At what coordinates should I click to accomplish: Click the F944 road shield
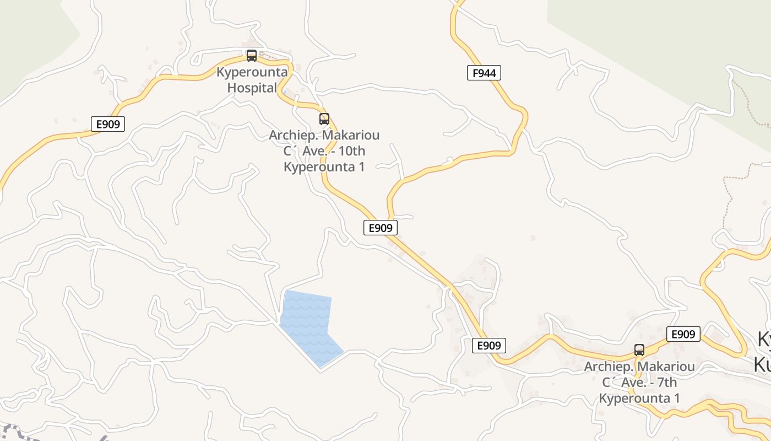[484, 73]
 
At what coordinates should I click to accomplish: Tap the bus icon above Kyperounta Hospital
[252, 56]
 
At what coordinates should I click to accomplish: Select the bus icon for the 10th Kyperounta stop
[324, 119]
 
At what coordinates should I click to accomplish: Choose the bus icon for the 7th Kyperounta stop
[639, 350]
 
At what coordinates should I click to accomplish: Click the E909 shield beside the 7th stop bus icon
[683, 334]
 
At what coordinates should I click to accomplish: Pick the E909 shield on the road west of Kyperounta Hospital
[108, 124]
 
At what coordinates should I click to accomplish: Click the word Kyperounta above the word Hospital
[252, 72]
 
